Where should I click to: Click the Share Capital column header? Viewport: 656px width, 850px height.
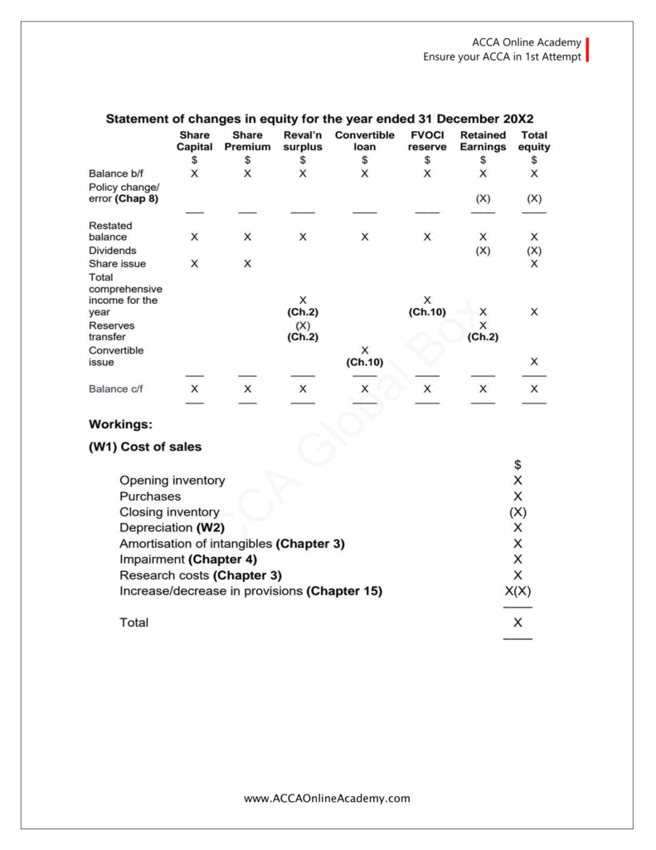tap(194, 141)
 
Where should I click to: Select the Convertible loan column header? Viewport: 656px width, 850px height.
tap(364, 141)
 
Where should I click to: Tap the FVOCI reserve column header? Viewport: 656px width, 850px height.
tap(427, 141)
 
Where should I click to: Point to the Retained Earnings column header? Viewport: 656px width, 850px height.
tap(483, 141)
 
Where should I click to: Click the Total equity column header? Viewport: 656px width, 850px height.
tap(534, 141)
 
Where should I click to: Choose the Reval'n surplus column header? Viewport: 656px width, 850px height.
tap(303, 141)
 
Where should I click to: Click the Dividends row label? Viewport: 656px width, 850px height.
tap(113, 250)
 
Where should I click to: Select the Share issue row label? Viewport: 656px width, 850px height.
tap(117, 263)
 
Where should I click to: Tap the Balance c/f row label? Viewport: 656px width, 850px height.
tap(116, 388)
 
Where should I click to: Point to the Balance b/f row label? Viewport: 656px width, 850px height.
tap(116, 173)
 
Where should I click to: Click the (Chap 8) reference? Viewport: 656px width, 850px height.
tap(136, 199)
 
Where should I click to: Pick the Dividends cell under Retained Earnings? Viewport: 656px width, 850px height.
tap(483, 250)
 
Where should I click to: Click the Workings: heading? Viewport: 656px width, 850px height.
tap(120, 423)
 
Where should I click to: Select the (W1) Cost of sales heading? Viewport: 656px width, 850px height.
tap(145, 447)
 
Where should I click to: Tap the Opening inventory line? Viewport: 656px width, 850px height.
tap(172, 480)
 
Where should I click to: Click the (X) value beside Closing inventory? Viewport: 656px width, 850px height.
tap(518, 511)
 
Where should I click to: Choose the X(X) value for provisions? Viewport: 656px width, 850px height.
tap(518, 591)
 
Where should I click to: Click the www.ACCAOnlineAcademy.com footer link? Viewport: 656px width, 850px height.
tap(328, 799)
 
